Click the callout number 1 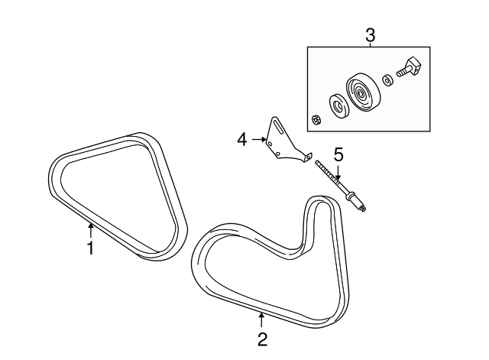pyautogui.click(x=89, y=248)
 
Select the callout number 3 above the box pyautogui.click(x=370, y=35)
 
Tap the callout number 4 pyautogui.click(x=242, y=139)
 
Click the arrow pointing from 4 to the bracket pyautogui.click(x=257, y=139)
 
